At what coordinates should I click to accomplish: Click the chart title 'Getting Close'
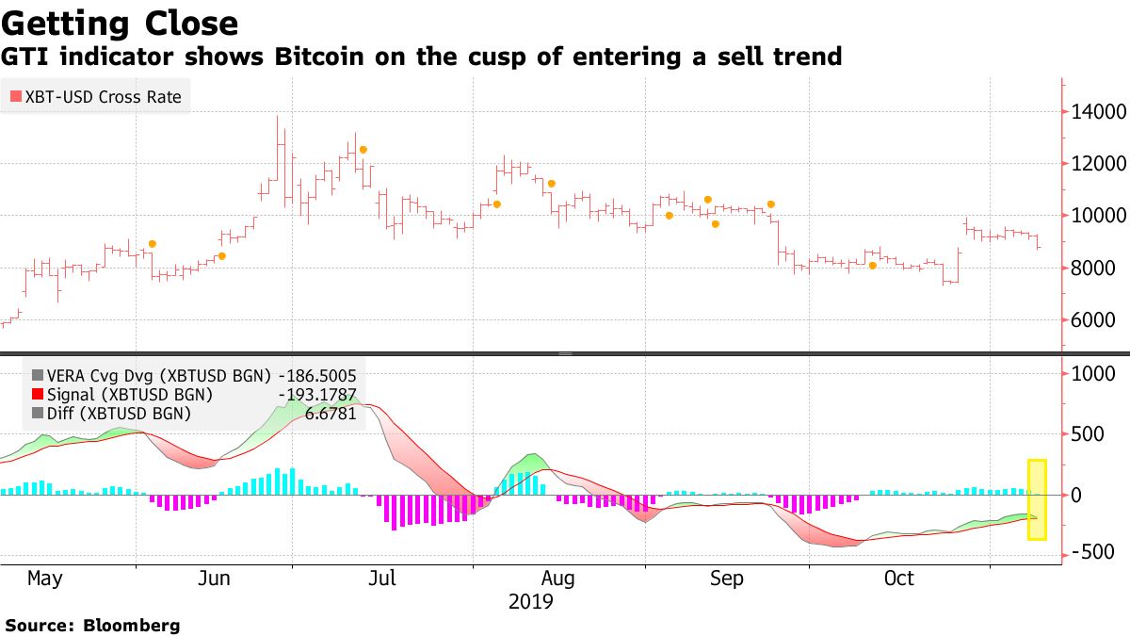(120, 23)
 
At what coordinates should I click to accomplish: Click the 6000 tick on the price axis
(1094, 320)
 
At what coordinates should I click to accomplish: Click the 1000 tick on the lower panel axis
(1094, 374)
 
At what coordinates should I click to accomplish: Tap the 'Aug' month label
(557, 578)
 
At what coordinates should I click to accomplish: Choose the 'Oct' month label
(899, 578)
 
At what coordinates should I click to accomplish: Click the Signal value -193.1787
(317, 394)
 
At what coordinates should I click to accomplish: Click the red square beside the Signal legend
(37, 394)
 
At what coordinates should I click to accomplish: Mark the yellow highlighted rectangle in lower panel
(1036, 499)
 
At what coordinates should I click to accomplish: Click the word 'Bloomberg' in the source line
(133, 625)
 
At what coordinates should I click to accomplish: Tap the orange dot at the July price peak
(363, 150)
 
